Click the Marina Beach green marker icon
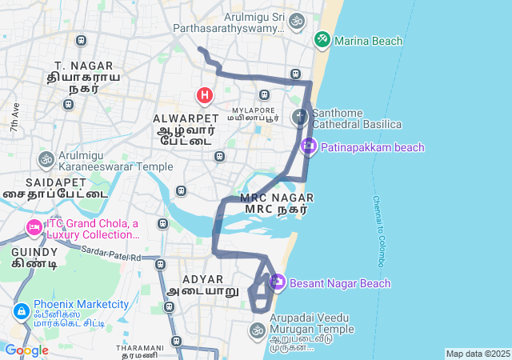(x=322, y=38)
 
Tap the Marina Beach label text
(x=369, y=41)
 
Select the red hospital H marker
(x=205, y=96)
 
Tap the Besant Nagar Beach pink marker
(x=278, y=282)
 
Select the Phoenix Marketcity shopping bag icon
(x=21, y=310)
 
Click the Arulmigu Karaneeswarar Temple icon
(x=46, y=160)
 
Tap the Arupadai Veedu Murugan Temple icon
(x=257, y=330)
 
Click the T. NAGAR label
(x=77, y=64)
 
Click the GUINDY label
(x=29, y=251)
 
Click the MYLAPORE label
(x=253, y=110)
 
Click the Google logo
(x=26, y=350)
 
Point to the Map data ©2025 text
(x=477, y=354)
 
